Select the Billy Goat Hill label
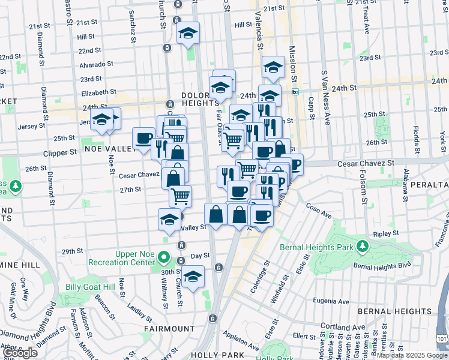(89, 287)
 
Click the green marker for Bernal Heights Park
(363, 246)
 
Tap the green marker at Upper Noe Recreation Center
(164, 259)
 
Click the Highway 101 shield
(442, 340)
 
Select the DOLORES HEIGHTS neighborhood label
(201, 100)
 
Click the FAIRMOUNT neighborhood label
(169, 329)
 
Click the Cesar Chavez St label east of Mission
(366, 163)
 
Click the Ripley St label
(385, 232)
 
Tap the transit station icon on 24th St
(295, 92)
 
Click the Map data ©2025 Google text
(412, 355)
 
